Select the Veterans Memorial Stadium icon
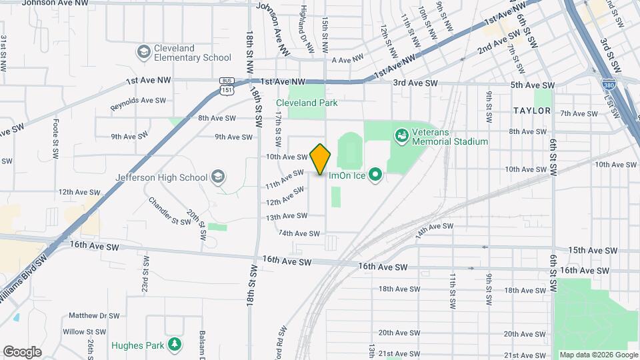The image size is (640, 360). pyautogui.click(x=401, y=136)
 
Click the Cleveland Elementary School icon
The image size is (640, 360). pyautogui.click(x=143, y=52)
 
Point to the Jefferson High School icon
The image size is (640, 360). pyautogui.click(x=217, y=177)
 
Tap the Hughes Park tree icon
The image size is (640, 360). pyautogui.click(x=175, y=343)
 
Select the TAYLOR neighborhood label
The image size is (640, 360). pyautogui.click(x=532, y=111)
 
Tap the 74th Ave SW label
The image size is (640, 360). pyautogui.click(x=299, y=233)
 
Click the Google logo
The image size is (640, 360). pyautogui.click(x=22, y=351)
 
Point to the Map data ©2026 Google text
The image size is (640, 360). pyautogui.click(x=599, y=355)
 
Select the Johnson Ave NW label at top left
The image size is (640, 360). pyautogui.click(x=55, y=3)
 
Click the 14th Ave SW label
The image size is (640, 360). pyautogui.click(x=434, y=229)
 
